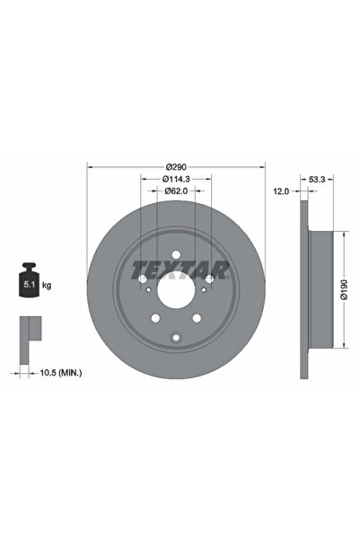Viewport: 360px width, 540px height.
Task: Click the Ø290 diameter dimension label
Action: click(x=176, y=168)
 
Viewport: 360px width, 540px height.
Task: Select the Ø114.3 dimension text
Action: click(x=176, y=179)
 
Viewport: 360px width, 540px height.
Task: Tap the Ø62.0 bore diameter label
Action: click(x=176, y=190)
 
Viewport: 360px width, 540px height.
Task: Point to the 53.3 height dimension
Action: click(x=316, y=179)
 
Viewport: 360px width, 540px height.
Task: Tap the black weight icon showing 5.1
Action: click(x=29, y=284)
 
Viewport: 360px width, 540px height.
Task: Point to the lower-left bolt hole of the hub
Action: click(x=155, y=317)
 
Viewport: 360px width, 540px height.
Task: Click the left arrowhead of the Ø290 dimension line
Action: click(x=89, y=168)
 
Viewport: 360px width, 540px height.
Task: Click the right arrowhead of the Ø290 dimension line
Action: click(x=264, y=168)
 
